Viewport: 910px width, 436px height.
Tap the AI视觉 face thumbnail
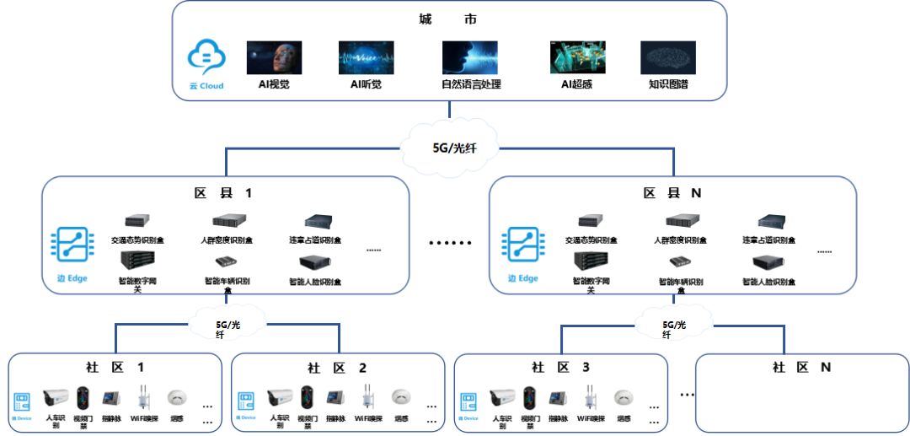(274, 57)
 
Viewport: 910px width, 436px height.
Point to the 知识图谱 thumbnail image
(668, 57)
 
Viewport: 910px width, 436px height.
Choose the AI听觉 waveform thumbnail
(366, 57)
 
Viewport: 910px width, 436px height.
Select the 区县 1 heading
(224, 193)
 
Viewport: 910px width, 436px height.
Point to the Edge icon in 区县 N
(521, 245)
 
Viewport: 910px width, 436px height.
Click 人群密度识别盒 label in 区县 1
(227, 240)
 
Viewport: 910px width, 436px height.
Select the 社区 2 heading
(337, 368)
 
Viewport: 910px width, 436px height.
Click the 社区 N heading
(801, 368)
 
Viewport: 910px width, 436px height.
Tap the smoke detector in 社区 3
(624, 397)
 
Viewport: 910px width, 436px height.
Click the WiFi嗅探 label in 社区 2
(368, 418)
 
